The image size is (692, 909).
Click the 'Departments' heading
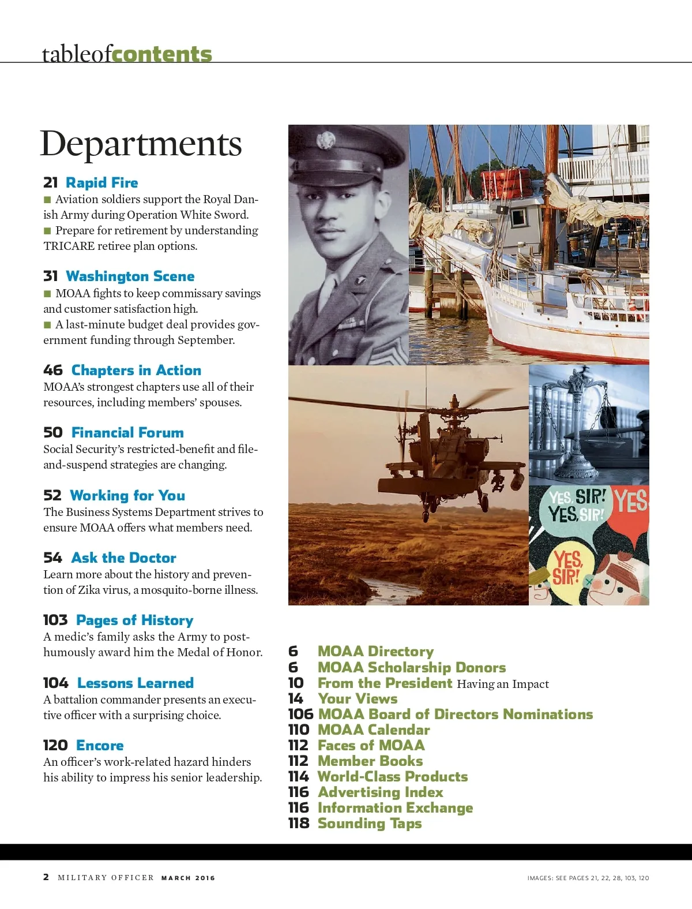[x=141, y=144]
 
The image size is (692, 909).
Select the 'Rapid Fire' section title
[x=101, y=183]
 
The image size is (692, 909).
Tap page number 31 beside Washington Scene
[x=51, y=276]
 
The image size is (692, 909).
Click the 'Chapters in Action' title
[x=136, y=371]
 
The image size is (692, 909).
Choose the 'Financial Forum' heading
[x=127, y=433]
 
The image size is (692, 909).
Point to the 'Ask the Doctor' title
[x=123, y=558]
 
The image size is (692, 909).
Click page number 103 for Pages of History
[x=55, y=620]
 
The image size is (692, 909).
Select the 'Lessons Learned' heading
[x=135, y=683]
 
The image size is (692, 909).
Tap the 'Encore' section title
[x=100, y=746]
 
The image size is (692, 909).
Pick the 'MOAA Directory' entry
[x=375, y=652]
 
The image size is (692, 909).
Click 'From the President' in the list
[x=385, y=683]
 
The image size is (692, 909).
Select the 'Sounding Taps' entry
[x=370, y=824]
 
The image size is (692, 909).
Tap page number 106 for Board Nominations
[x=300, y=715]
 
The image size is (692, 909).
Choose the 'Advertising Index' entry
[x=381, y=792]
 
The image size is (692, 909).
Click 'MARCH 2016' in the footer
[x=188, y=878]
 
